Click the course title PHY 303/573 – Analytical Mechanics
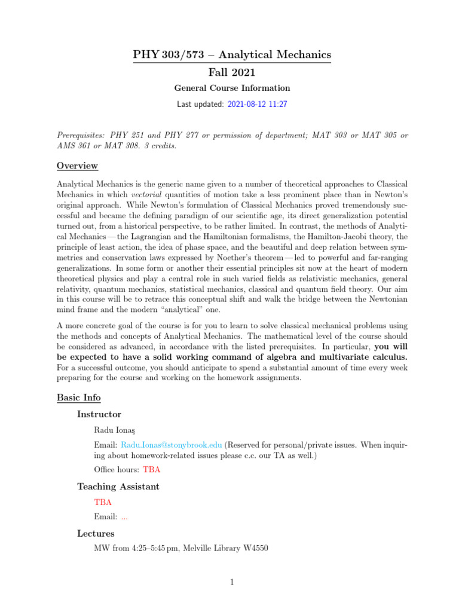(231, 56)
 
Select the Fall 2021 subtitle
(231, 73)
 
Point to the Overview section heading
(77, 166)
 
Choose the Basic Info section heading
(78, 397)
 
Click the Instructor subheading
(99, 414)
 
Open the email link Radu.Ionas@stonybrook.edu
(172, 445)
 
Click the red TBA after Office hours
(152, 470)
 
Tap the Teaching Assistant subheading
(118, 486)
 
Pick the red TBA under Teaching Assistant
(103, 502)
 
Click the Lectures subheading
(96, 533)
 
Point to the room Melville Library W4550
(227, 549)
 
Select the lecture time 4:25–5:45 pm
(151, 549)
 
